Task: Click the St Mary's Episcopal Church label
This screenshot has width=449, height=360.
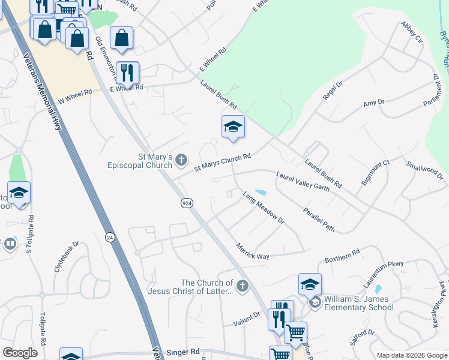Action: coord(139,161)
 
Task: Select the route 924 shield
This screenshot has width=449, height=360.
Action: coord(187,203)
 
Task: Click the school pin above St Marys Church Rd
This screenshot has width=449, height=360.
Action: coord(233,127)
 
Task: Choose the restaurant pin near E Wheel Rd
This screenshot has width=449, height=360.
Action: coord(127,73)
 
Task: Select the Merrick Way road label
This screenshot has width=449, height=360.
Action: coord(252,252)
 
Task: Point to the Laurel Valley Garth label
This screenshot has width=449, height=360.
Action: coord(303,182)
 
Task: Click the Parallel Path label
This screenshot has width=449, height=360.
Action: coord(319,220)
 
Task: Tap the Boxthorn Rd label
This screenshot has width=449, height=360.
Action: coord(342,256)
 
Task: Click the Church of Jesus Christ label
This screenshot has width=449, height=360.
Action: coord(207,287)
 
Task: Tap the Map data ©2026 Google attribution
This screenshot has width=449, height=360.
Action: coord(411,355)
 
